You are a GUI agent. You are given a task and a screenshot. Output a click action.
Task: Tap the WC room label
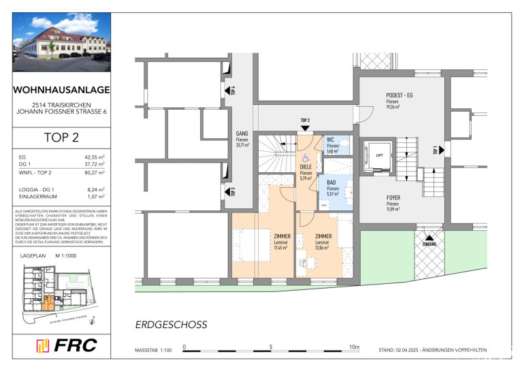point(331,139)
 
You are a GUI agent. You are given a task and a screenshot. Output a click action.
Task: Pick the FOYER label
point(393,198)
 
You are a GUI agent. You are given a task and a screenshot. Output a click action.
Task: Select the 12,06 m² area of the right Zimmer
point(323,248)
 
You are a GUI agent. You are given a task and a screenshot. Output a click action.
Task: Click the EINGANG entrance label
point(430,243)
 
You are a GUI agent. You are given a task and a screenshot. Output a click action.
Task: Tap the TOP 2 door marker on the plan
point(305,120)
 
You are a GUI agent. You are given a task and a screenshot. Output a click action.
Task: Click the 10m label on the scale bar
point(354,346)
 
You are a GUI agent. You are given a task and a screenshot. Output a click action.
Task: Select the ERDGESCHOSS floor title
point(171,325)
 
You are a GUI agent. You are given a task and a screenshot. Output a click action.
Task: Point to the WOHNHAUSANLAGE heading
point(61,89)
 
